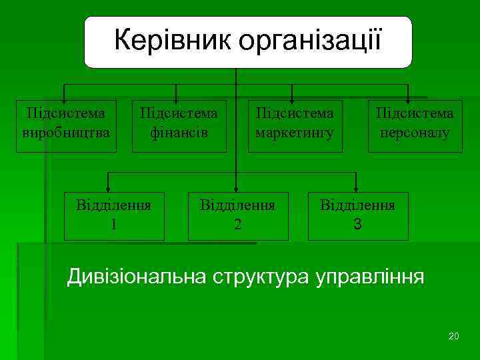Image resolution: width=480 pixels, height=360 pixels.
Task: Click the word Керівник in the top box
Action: [x=173, y=41]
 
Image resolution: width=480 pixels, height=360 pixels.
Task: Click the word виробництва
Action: [x=66, y=133]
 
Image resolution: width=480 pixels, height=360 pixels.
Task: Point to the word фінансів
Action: [x=178, y=133]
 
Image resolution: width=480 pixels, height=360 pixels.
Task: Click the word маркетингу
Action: [x=295, y=133]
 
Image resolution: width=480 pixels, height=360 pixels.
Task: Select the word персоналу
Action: [x=415, y=133]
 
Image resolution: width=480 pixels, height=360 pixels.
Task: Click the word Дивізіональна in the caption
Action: [x=135, y=277]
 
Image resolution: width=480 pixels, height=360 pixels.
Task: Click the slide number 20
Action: [x=454, y=335]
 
